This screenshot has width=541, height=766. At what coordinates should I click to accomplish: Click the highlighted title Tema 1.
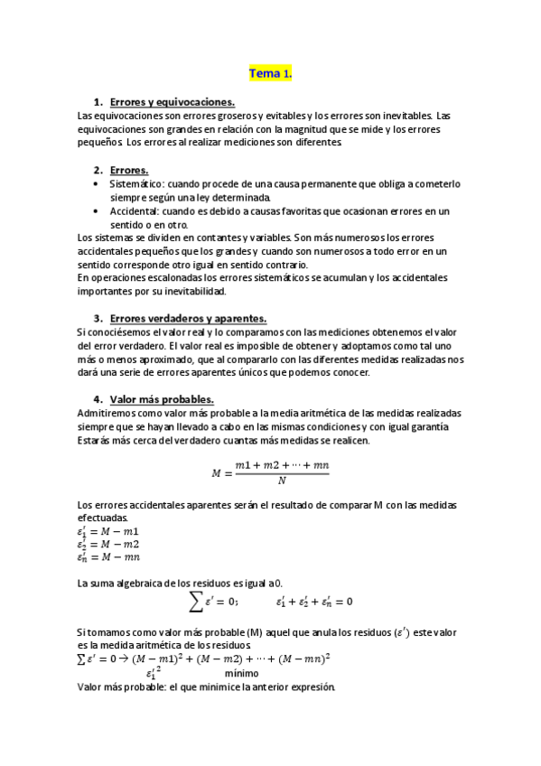[271, 73]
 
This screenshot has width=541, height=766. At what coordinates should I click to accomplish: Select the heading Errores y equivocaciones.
[172, 103]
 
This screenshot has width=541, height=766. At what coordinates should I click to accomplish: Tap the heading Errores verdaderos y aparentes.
[188, 319]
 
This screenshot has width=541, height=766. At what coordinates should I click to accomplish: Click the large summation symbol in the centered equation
[194, 601]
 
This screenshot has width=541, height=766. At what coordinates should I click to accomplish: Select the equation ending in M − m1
[107, 531]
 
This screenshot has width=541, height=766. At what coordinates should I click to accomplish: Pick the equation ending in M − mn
[107, 557]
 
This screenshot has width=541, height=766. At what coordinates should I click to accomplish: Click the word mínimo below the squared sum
[241, 673]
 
